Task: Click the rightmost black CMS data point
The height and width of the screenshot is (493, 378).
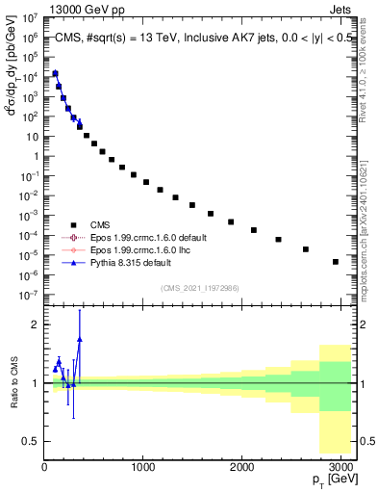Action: [x=335, y=261]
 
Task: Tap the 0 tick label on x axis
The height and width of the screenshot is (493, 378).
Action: [x=44, y=465]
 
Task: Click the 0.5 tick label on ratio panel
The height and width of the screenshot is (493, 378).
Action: [x=29, y=441]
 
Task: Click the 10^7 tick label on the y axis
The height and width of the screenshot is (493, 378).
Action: [x=29, y=17]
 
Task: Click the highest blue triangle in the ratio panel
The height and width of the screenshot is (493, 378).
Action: [x=80, y=338]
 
